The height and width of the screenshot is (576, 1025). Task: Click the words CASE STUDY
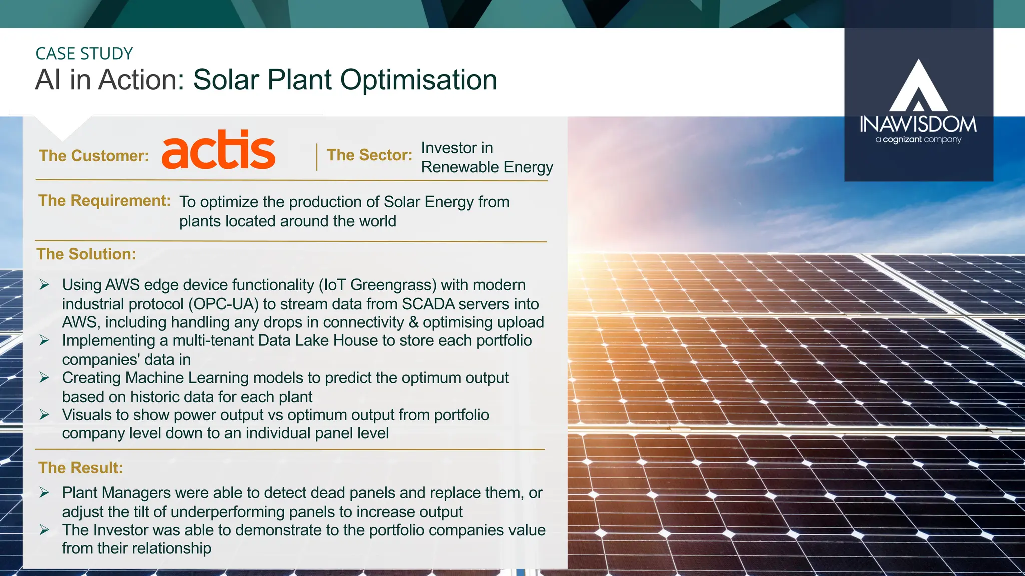click(84, 54)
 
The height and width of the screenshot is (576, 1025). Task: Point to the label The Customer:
click(94, 156)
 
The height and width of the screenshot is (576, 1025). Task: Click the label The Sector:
click(369, 155)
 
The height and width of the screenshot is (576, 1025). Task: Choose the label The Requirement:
click(104, 201)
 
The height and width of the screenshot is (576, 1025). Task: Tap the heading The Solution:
click(86, 254)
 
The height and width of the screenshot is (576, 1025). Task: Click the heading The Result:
click(80, 468)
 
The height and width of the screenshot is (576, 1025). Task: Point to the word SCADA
click(428, 304)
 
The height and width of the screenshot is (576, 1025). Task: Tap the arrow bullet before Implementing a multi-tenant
click(44, 341)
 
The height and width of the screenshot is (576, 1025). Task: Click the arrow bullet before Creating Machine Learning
click(44, 378)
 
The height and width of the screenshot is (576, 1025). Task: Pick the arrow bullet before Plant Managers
click(44, 493)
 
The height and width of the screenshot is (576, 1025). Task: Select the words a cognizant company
click(918, 140)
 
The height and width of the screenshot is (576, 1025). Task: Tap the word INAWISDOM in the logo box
click(918, 124)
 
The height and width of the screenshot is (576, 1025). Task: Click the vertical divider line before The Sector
click(317, 157)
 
